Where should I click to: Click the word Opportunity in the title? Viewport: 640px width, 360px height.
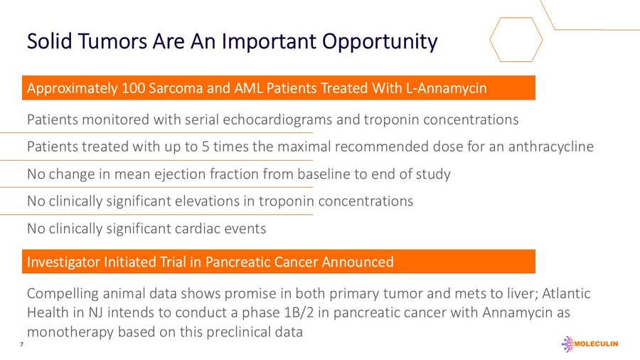coord(380,42)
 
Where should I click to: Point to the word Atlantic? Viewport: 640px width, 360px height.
coord(566,293)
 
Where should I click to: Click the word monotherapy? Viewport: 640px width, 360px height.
coord(70,332)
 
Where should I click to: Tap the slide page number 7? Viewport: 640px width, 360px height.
coord(21,344)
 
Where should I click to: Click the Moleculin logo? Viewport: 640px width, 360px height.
coord(590,344)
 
